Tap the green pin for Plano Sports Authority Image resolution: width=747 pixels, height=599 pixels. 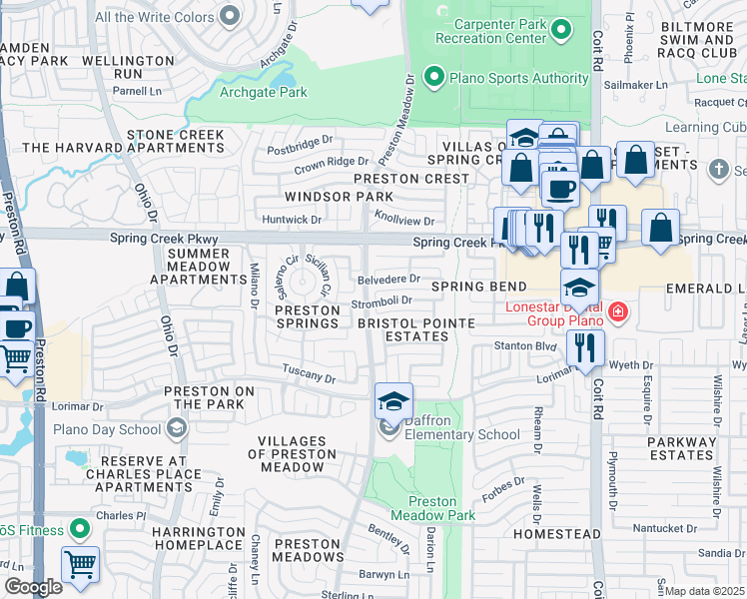click(433, 77)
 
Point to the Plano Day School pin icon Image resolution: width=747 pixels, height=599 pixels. click(177, 429)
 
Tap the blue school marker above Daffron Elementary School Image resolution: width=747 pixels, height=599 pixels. click(393, 401)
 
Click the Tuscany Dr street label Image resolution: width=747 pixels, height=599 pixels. click(308, 375)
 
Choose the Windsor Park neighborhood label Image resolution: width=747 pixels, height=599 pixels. click(339, 197)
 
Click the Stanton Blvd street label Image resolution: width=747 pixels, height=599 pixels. click(524, 345)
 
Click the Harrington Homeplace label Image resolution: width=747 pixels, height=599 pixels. click(199, 538)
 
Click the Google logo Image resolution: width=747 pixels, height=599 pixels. click(33, 587)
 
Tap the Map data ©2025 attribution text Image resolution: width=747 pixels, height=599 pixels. click(704, 591)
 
